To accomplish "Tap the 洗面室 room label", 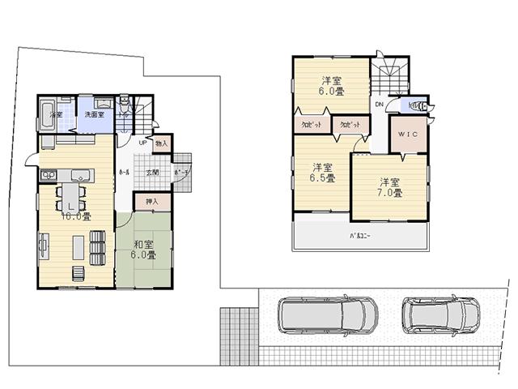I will pyautogui.click(x=95, y=115).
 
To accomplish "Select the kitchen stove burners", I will pyautogui.click(x=48, y=174).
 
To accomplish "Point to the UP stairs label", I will pyautogui.click(x=142, y=143).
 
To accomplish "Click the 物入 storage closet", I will pyautogui.click(x=162, y=143).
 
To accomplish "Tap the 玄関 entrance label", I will pyautogui.click(x=152, y=173).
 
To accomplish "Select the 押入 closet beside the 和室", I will pyautogui.click(x=152, y=201).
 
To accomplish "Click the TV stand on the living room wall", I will pyautogui.click(x=41, y=243).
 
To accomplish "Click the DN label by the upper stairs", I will pyautogui.click(x=379, y=105).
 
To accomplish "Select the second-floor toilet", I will pyautogui.click(x=414, y=105).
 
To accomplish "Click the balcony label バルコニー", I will pyautogui.click(x=361, y=236).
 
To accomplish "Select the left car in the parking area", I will pyautogui.click(x=312, y=315).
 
